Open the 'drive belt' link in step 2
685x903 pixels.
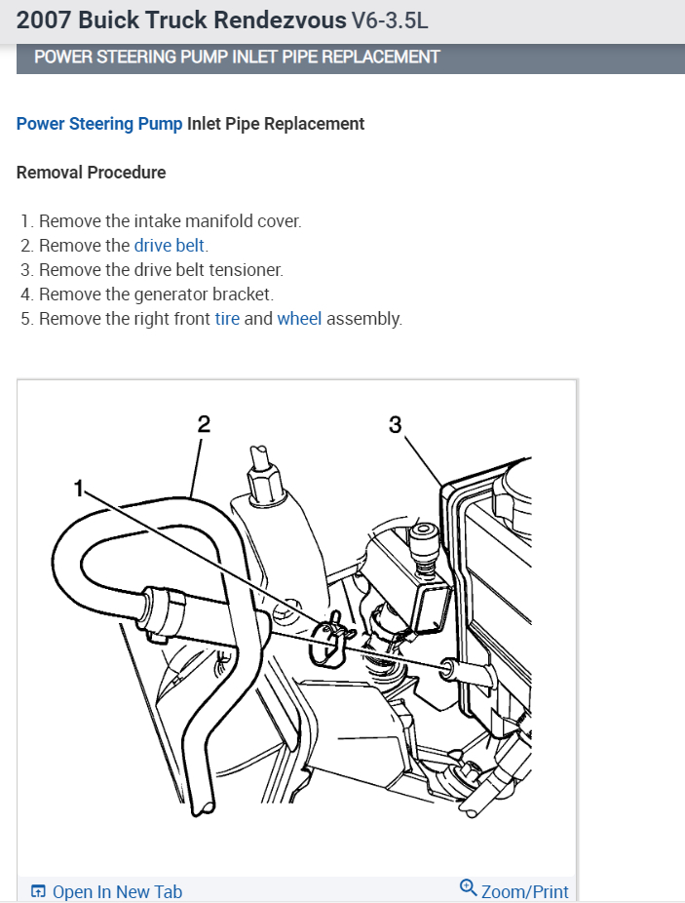point(170,246)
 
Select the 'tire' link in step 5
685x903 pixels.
point(227,319)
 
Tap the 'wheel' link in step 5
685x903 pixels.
point(299,319)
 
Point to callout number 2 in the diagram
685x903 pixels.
point(203,423)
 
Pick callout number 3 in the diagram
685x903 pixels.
point(395,424)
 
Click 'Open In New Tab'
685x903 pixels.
point(117,891)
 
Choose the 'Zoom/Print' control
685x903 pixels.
point(524,891)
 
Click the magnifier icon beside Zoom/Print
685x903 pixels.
point(468,887)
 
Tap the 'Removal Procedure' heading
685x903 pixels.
point(92,173)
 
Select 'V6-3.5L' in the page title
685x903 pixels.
point(391,20)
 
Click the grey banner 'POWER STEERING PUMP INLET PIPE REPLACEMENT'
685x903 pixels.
point(237,57)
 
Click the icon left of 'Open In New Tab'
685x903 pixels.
point(38,891)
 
